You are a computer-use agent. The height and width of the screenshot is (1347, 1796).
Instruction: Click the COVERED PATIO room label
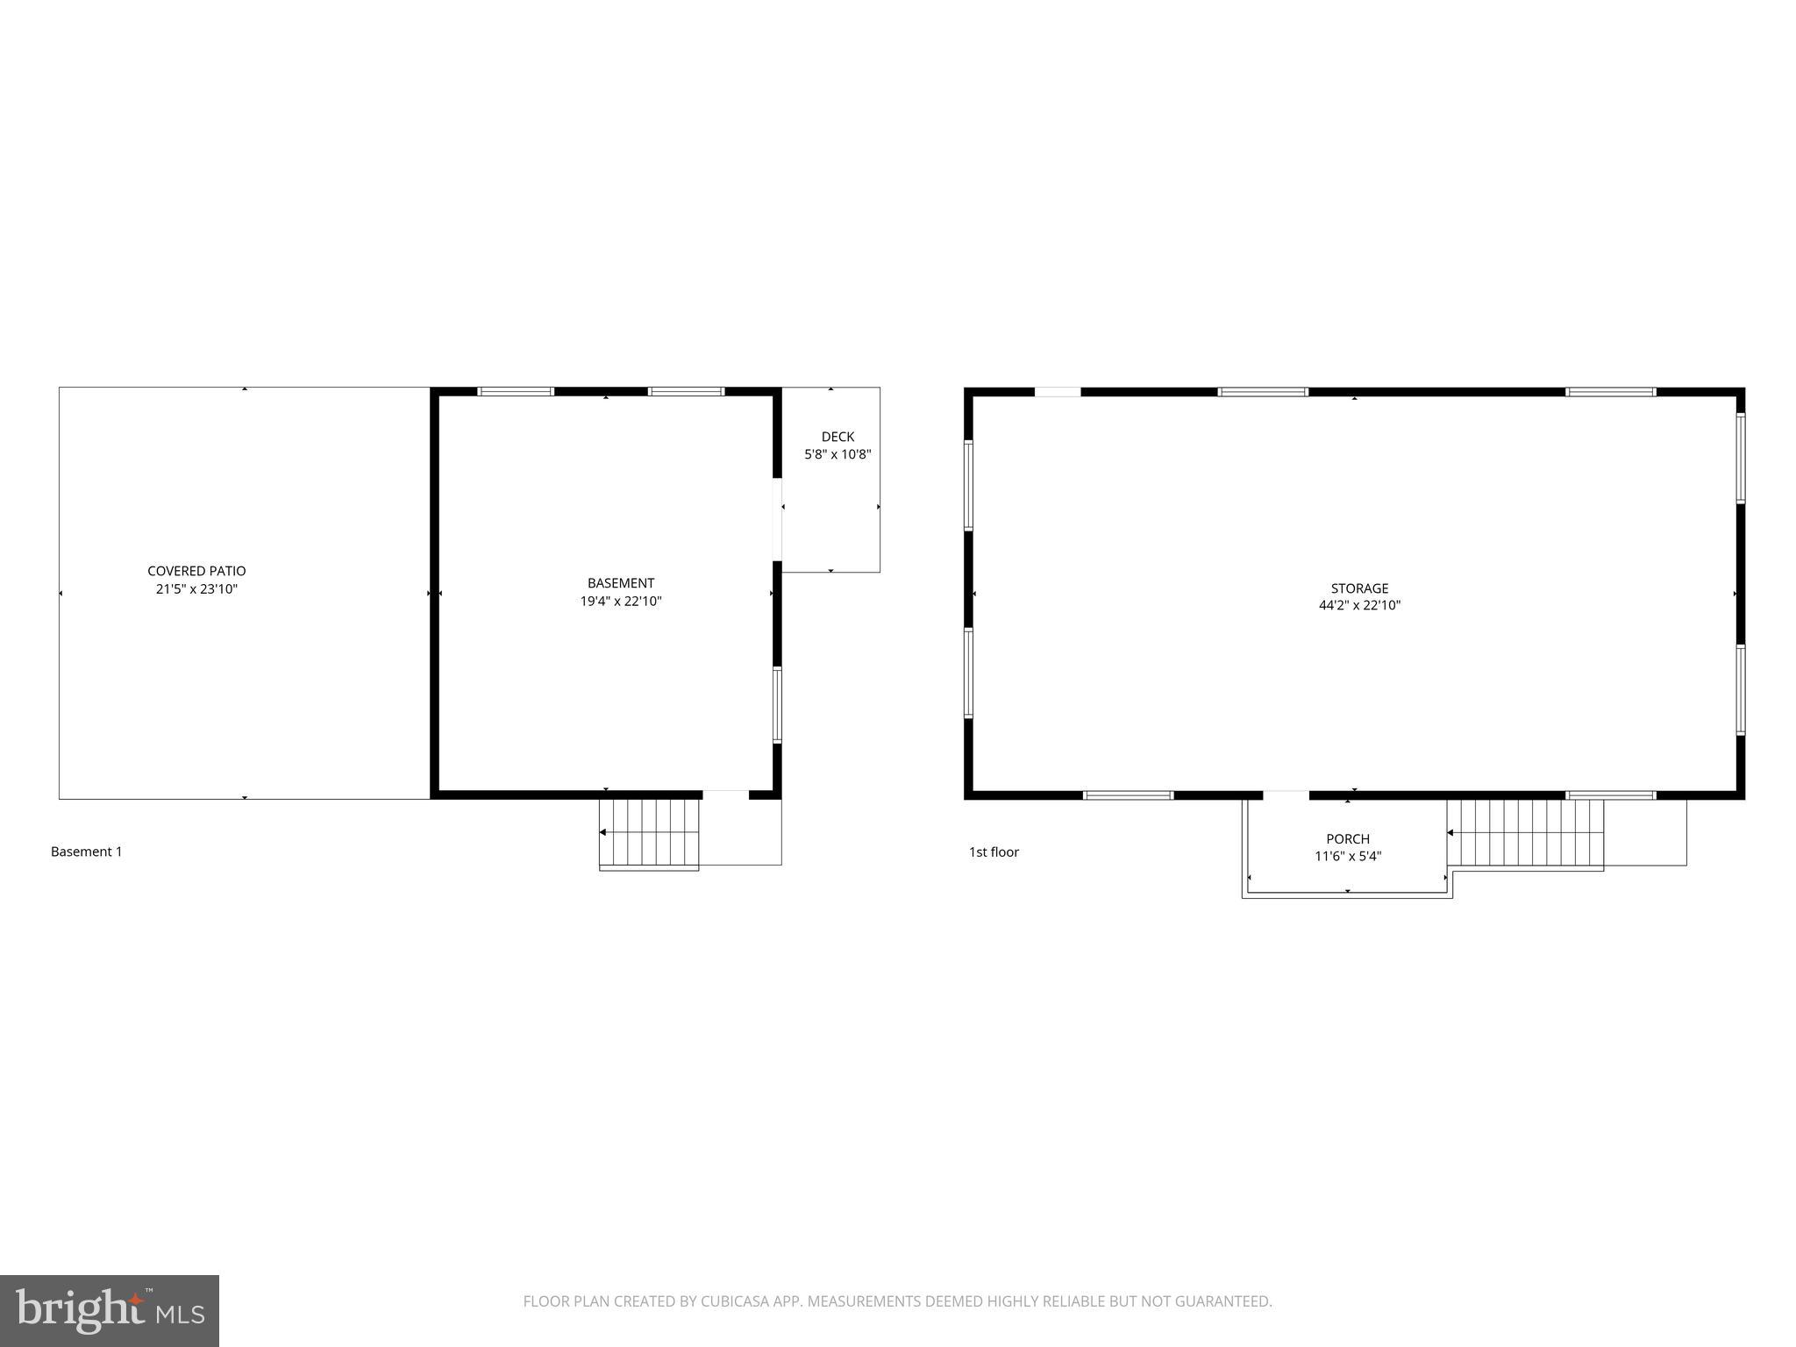tap(196, 571)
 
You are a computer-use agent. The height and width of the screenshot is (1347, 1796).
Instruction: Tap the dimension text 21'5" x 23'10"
tap(196, 589)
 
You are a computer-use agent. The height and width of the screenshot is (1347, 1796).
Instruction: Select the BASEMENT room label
tap(621, 583)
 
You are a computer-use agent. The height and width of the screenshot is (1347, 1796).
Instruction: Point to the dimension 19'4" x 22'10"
tap(621, 602)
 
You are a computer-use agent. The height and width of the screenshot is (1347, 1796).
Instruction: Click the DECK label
tap(837, 437)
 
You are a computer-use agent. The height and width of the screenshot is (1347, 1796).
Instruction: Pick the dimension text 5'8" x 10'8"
tap(837, 454)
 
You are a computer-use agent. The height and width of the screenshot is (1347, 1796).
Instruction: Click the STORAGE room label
tap(1359, 588)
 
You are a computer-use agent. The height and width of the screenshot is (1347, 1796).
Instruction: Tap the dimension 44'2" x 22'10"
tap(1359, 605)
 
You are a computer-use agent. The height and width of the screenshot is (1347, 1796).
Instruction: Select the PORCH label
tap(1348, 839)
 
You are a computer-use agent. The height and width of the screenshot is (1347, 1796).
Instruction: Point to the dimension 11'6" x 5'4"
tap(1348, 857)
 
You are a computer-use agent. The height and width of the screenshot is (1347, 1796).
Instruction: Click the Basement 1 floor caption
tap(87, 852)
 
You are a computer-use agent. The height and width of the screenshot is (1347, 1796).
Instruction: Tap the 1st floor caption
tap(994, 852)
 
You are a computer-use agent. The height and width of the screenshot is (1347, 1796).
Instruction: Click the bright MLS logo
tap(110, 1311)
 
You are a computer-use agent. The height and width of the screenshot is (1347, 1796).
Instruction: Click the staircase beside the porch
tap(1525, 832)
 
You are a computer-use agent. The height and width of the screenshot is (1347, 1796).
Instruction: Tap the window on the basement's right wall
tap(777, 705)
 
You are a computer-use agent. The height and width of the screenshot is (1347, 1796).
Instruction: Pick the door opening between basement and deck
tap(777, 519)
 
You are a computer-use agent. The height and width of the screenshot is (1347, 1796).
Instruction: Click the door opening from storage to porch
tap(1286, 795)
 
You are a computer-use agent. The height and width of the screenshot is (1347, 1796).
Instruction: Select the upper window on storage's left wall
tap(969, 485)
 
